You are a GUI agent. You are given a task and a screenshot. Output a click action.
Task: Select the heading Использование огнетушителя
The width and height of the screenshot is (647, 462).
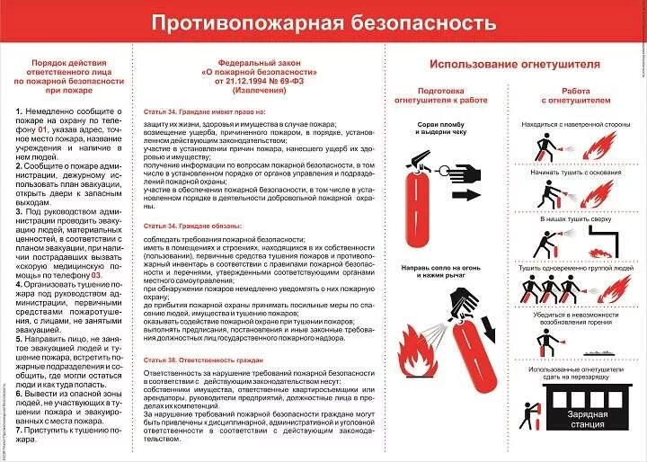click(x=514, y=64)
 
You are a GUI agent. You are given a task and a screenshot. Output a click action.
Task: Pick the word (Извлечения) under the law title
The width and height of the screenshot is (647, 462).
click(x=256, y=91)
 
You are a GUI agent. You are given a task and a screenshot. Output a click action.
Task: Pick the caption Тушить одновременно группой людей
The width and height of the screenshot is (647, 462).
click(x=576, y=268)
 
